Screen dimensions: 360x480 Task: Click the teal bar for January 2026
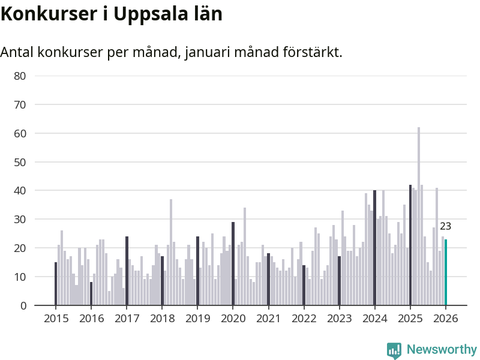(446, 272)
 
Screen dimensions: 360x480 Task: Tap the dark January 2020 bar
(233, 264)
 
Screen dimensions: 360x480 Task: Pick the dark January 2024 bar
(374, 248)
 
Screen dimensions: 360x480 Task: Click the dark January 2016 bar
(91, 294)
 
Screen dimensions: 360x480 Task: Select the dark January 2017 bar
(127, 271)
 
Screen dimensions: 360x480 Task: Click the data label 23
(445, 227)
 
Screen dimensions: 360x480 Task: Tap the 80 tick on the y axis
(20, 76)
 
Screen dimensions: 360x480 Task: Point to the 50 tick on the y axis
(20, 162)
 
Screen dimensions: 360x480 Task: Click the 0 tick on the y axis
(23, 305)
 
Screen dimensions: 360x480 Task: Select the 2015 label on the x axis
(55, 319)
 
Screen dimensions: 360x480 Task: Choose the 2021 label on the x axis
(268, 319)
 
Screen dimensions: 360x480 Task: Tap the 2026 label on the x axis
(446, 319)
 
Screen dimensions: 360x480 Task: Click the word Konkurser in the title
(45, 14)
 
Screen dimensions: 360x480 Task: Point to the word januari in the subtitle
(208, 53)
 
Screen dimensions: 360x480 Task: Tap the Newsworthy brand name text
(442, 349)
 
